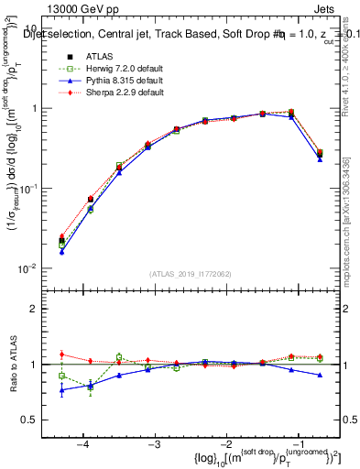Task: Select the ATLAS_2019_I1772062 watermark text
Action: pos(191,274)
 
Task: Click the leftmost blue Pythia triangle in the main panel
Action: pos(61,251)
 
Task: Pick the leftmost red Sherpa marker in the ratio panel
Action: pos(61,354)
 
